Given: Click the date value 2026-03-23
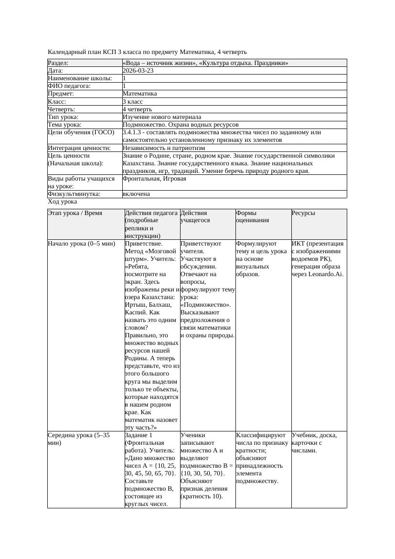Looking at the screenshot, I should pyautogui.click(x=138, y=71).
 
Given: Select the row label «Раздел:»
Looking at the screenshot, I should pyautogui.click(x=58, y=63).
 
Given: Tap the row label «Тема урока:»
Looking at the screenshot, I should pyautogui.click(x=64, y=125).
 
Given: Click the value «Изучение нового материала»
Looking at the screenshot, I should pyautogui.click(x=162, y=117).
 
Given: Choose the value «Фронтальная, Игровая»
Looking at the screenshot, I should pyautogui.click(x=154, y=179).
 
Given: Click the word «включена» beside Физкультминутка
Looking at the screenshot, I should pyautogui.click(x=136, y=194).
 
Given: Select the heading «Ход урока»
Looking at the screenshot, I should pyautogui.click(x=63, y=202).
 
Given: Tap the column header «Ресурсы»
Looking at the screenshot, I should pyautogui.click(x=303, y=213).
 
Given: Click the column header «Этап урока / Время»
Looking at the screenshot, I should pyautogui.click(x=75, y=213).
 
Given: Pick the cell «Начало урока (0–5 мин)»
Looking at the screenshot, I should pyautogui.click(x=82, y=244).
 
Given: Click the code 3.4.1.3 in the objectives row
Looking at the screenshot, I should pyautogui.click(x=133, y=132).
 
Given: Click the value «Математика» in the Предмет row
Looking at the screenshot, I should pyautogui.click(x=139, y=94).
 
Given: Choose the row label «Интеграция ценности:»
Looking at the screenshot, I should pyautogui.click(x=79, y=148).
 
